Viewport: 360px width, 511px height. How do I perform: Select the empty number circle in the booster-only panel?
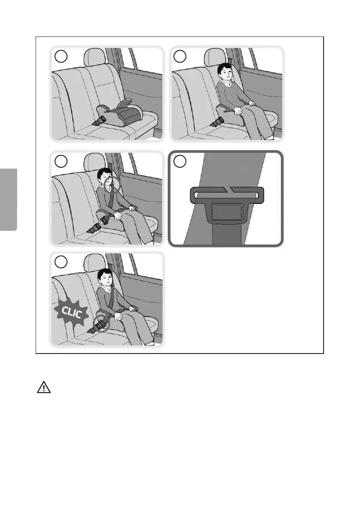point(61,56)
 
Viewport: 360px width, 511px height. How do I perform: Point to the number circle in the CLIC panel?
point(61,262)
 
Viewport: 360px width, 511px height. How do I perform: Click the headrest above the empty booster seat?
point(95,57)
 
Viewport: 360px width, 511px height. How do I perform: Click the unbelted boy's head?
point(224,73)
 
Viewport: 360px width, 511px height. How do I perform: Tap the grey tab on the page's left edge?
point(9,200)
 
